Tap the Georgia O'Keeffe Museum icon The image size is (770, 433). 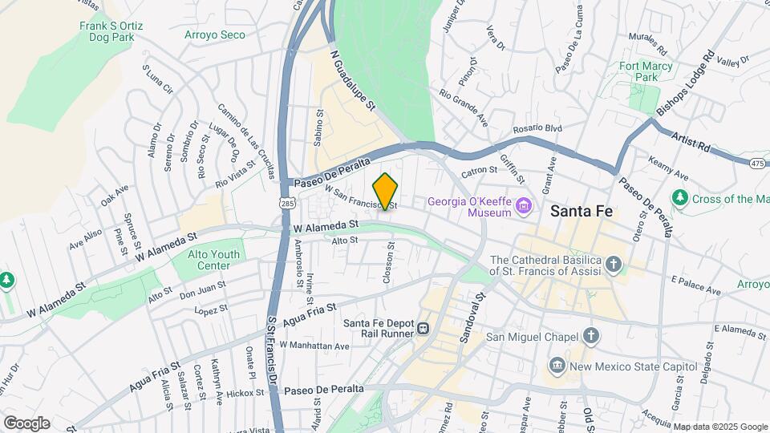coord(525,207)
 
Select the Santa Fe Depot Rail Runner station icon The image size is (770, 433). coord(422,329)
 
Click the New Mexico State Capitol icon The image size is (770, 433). coord(557,366)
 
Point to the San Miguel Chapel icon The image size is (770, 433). coord(591,336)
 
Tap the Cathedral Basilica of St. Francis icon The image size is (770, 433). coord(614,265)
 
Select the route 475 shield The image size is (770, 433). coord(757,164)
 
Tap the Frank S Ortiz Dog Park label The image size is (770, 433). coord(111,30)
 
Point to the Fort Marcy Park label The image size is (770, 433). coord(646,71)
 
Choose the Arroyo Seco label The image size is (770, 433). coord(215,34)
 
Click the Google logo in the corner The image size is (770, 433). coord(26,423)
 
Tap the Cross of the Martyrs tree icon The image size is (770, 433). coord(680,197)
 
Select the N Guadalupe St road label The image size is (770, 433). coord(353,80)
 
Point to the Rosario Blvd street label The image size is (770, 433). coord(537,128)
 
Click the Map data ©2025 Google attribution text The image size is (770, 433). coord(719,426)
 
